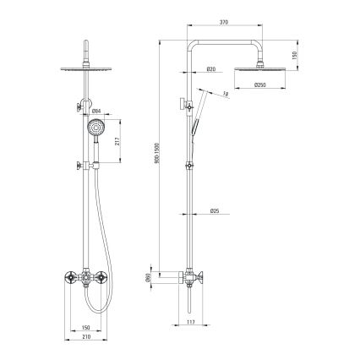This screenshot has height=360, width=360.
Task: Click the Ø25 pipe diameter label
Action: pyautogui.click(x=215, y=210)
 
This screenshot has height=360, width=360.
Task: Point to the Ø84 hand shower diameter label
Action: pyautogui.click(x=96, y=110)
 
